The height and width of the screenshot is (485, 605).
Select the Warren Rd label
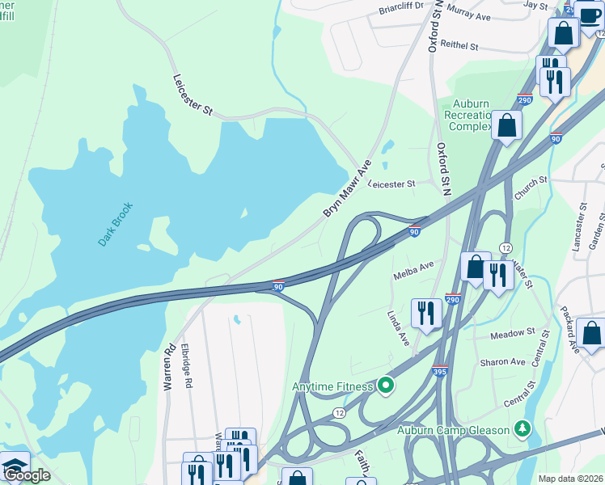[x=170, y=369]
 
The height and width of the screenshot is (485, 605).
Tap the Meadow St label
[x=513, y=331]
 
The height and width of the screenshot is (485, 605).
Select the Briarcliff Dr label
[x=401, y=11]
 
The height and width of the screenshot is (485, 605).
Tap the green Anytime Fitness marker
[x=386, y=386]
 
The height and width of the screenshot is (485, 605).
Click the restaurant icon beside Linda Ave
[x=425, y=311]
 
